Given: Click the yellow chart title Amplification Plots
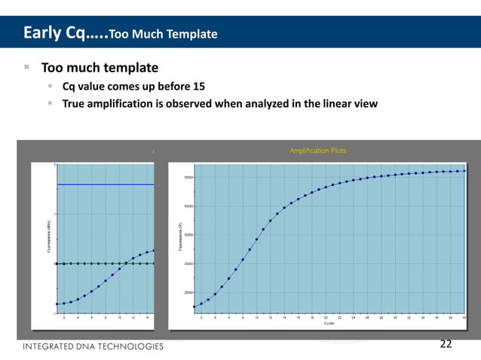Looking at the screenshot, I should point(317,151).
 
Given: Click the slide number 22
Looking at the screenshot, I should point(446,344).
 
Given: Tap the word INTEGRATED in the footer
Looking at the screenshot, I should point(51,346).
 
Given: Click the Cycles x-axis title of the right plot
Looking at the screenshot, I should point(329,324).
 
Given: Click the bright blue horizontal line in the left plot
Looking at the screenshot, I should point(106,184).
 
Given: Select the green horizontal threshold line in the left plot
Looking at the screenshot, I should point(106,264).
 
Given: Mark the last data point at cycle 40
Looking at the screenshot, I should point(464,171).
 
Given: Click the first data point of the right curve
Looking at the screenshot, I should point(195,307).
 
